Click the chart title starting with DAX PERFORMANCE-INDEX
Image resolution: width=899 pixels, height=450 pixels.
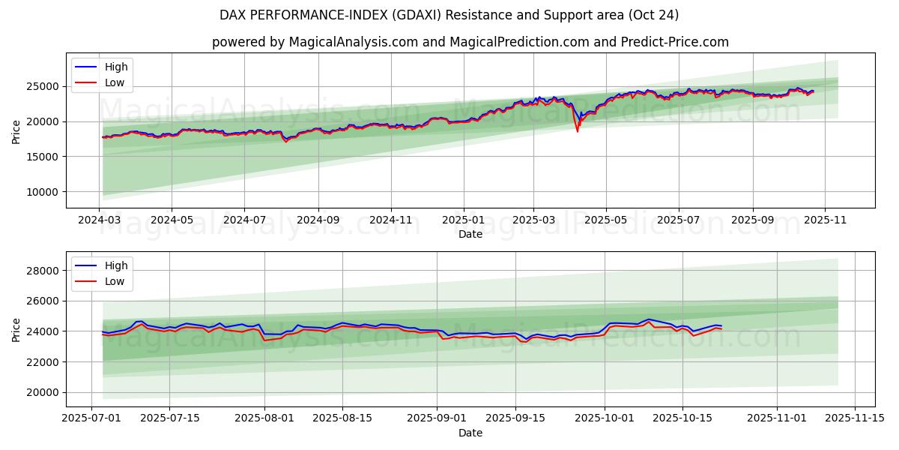(x=449, y=15)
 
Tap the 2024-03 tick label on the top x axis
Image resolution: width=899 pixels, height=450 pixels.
(x=99, y=221)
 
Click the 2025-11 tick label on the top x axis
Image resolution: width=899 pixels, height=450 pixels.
(x=824, y=221)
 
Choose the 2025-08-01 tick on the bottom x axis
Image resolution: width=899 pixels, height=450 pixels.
(x=264, y=418)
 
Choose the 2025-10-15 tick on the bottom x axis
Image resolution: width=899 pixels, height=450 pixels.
(x=682, y=418)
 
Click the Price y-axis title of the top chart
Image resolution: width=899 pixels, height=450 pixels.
(x=16, y=131)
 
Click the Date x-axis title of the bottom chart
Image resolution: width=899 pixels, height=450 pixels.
(x=470, y=433)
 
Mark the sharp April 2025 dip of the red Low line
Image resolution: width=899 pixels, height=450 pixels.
(x=577, y=131)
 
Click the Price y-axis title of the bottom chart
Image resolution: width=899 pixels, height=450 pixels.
(x=16, y=329)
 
